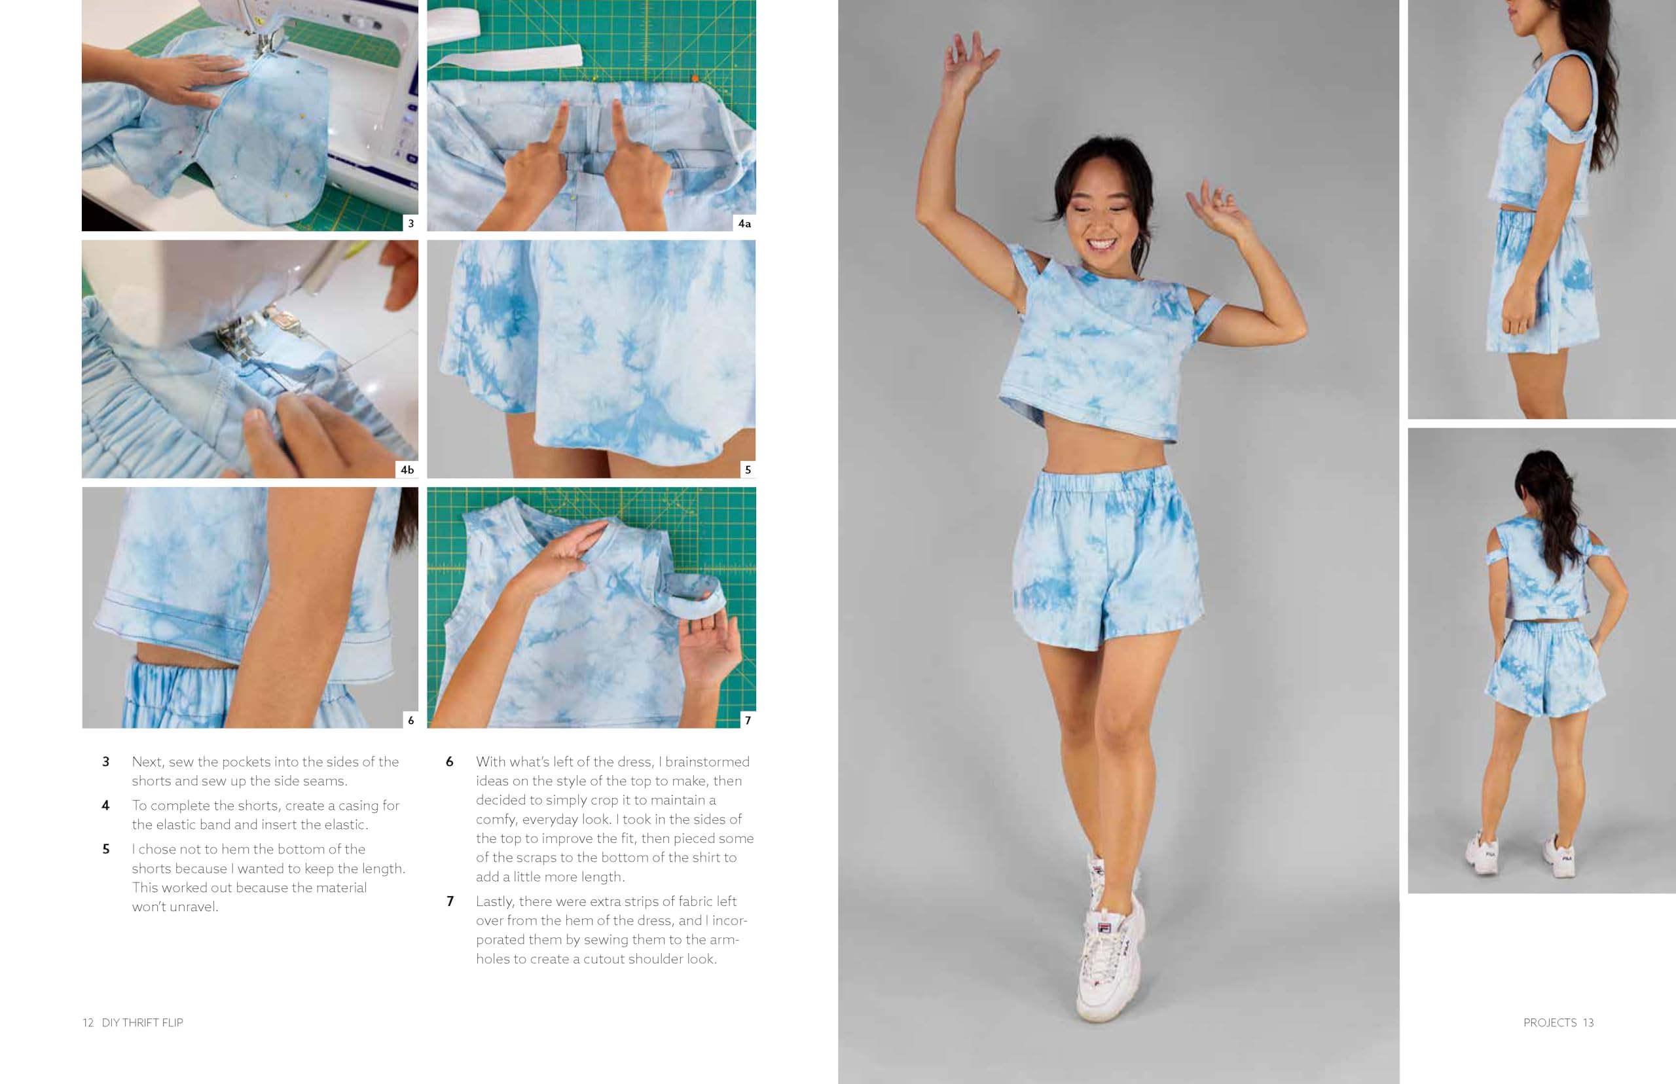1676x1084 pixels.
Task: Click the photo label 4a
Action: pos(744,223)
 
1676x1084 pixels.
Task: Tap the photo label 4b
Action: pos(407,469)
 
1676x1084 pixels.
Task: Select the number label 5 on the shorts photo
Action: pos(748,469)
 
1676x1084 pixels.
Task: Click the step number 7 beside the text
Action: pos(450,901)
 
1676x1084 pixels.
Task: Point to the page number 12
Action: pos(88,1022)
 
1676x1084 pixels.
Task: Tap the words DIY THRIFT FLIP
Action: pos(142,1022)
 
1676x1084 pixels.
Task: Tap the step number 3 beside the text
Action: pos(105,762)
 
